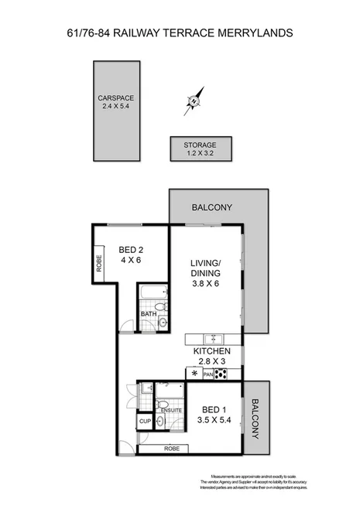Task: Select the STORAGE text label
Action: tap(200, 145)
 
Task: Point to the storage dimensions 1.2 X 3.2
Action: tap(200, 154)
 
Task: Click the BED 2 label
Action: tap(131, 250)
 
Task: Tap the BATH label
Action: tap(147, 313)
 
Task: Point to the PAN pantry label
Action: tap(207, 375)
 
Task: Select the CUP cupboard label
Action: tap(145, 422)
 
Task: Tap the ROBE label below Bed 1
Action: tap(171, 449)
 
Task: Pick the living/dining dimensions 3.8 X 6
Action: tap(206, 284)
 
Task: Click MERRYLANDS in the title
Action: tap(251, 33)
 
